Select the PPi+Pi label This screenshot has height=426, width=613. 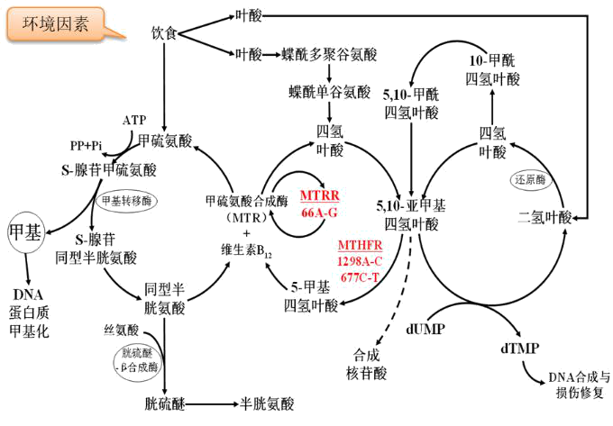[x=86, y=144]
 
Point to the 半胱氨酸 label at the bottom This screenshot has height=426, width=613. [x=262, y=404]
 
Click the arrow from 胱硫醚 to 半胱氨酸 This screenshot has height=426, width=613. [x=209, y=404]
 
